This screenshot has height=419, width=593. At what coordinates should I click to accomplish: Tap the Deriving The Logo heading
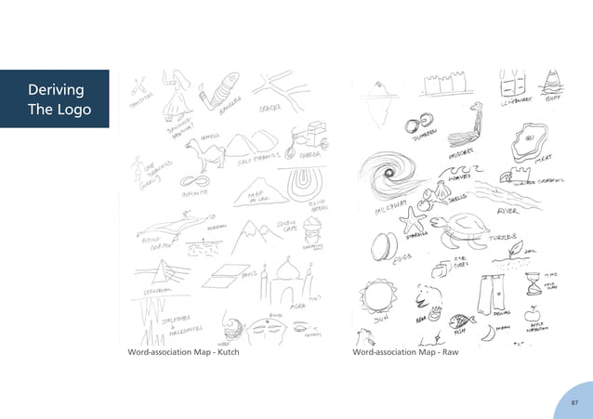click(55, 99)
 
